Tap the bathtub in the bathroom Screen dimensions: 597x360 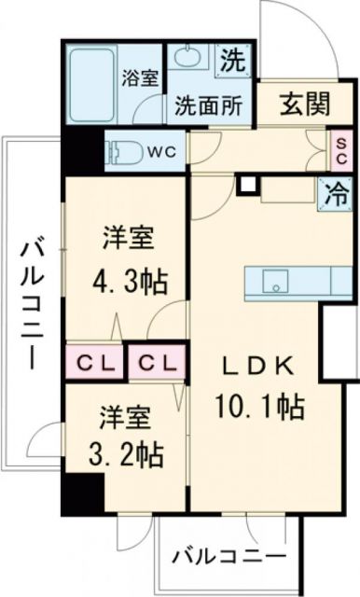(x=95, y=85)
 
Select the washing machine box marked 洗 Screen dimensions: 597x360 (x=233, y=62)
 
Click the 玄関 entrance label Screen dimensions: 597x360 (x=303, y=104)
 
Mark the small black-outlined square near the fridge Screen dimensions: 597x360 (x=246, y=184)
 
